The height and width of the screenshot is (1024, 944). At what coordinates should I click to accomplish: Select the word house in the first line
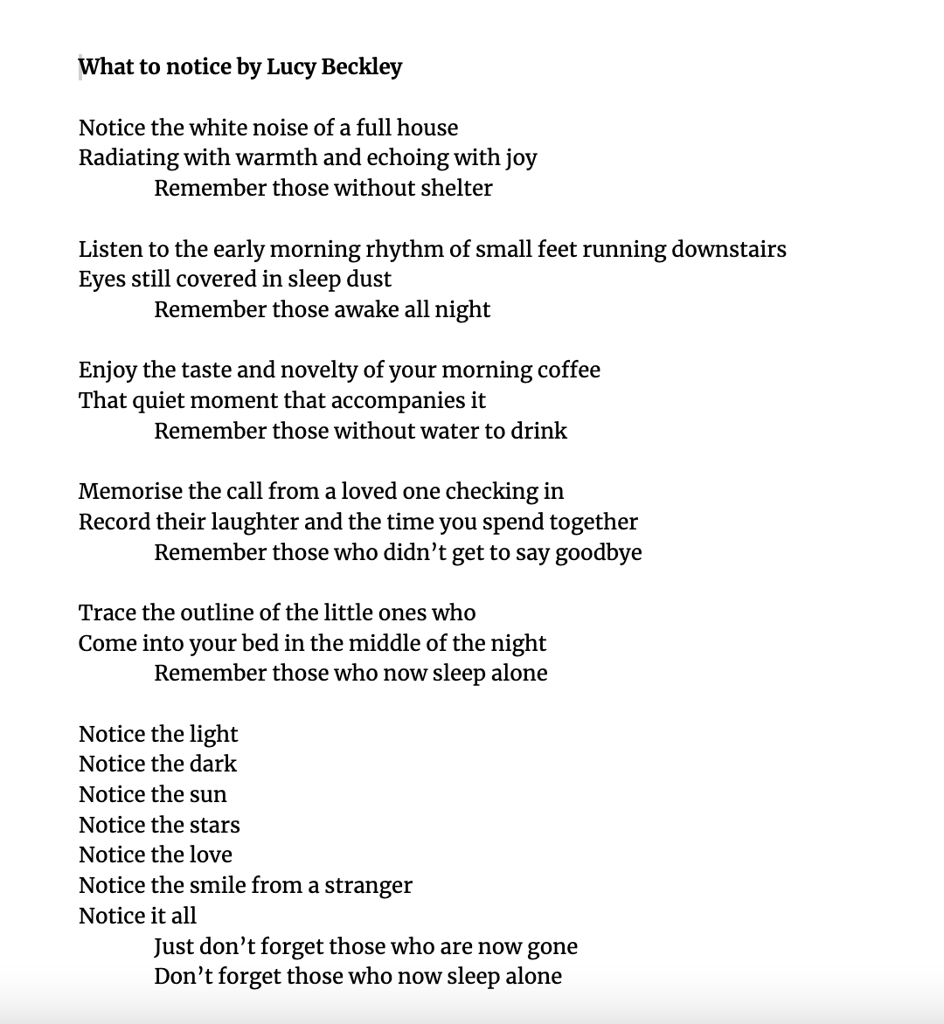[427, 128]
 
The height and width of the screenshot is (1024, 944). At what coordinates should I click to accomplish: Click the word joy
[521, 159]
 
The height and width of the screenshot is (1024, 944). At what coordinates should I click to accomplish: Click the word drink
[540, 432]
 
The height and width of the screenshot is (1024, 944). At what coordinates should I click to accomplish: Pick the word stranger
[368, 886]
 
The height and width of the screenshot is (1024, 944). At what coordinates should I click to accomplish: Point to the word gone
[552, 947]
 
